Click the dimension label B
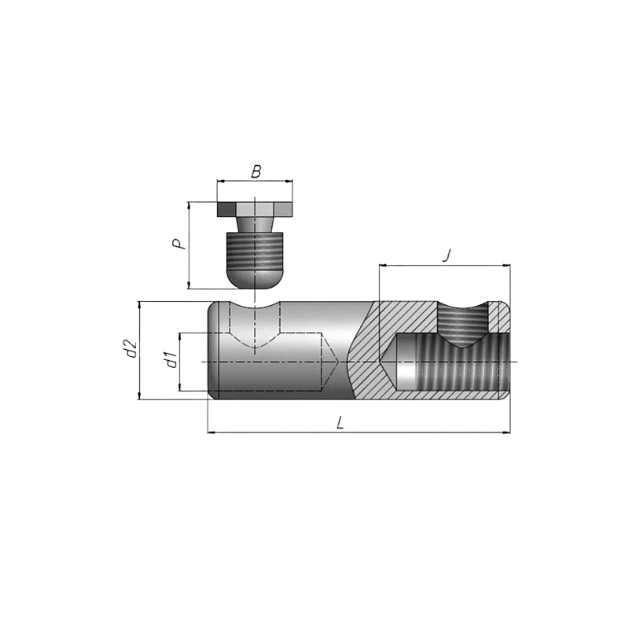click(x=256, y=171)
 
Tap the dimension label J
click(x=447, y=255)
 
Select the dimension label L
click(x=340, y=422)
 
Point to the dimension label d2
click(x=130, y=348)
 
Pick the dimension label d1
click(x=171, y=359)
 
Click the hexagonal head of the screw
click(x=255, y=209)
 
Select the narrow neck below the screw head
click(x=255, y=225)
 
